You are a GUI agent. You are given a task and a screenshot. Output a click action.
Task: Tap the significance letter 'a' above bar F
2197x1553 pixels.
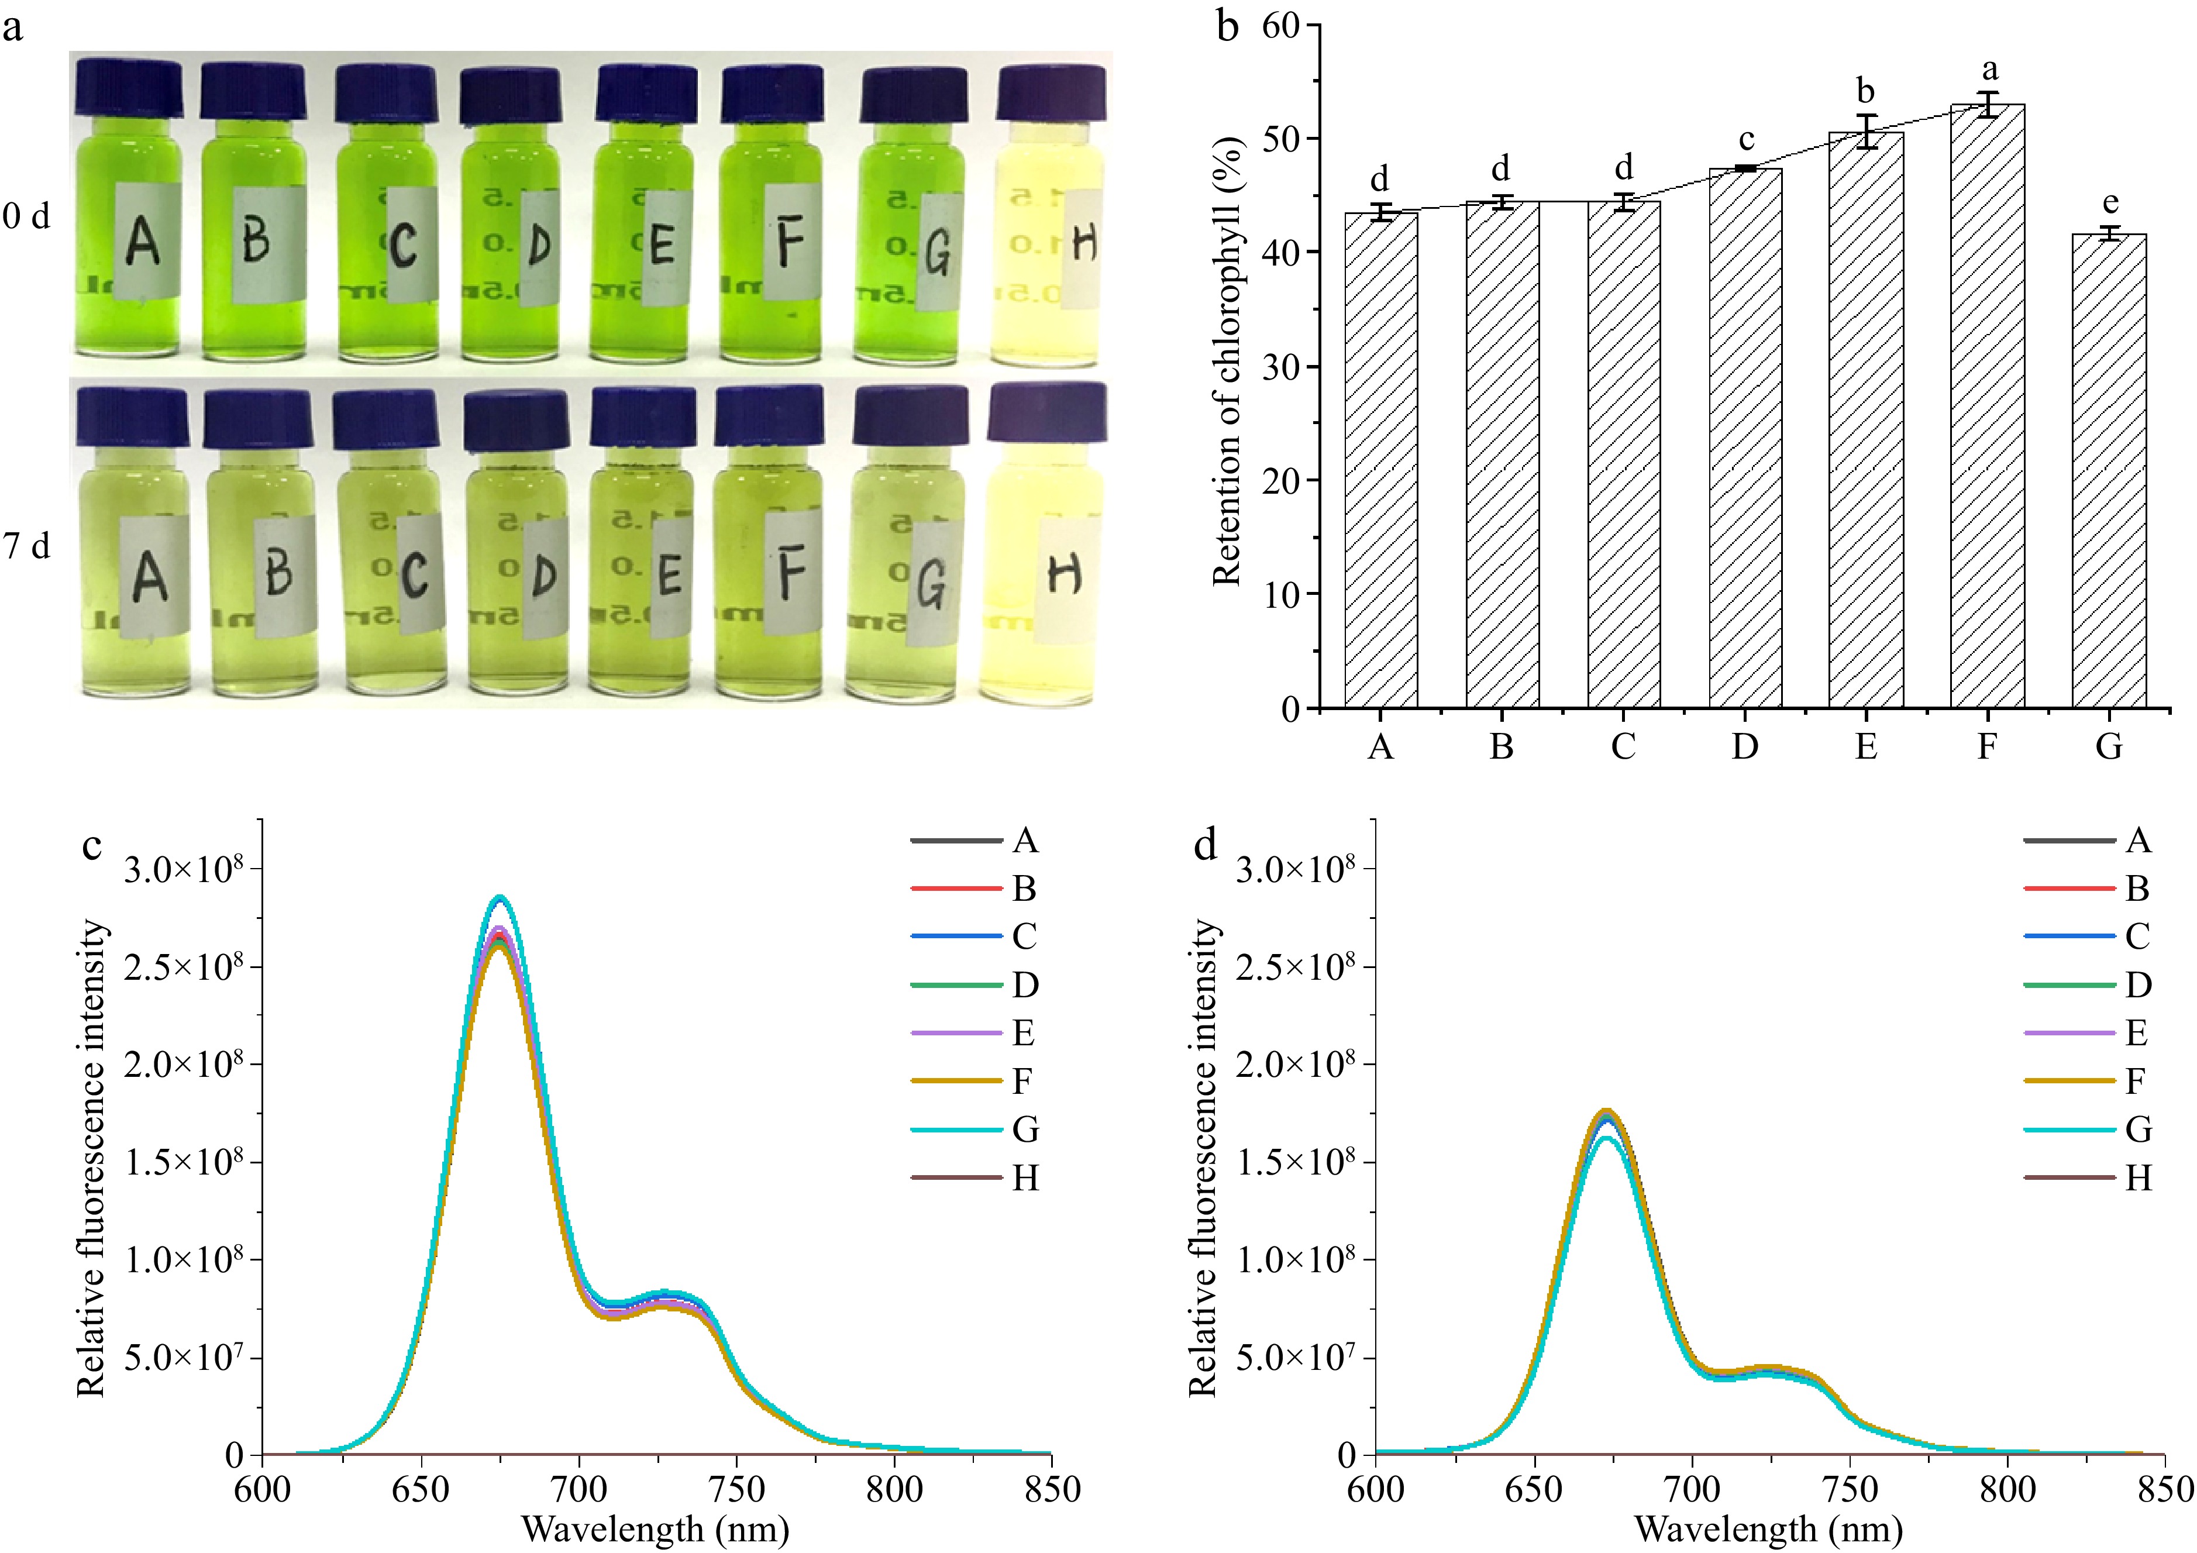coord(1989,69)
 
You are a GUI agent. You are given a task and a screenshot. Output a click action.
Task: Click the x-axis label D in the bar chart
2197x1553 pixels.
coord(1744,745)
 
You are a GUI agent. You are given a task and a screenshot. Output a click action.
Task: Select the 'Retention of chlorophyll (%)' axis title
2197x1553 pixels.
coord(1228,361)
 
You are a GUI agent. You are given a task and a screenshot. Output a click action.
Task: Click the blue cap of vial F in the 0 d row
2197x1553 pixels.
coord(772,93)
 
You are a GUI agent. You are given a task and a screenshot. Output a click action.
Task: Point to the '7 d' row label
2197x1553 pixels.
coord(27,545)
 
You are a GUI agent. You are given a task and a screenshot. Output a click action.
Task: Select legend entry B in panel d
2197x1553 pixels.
coord(2137,889)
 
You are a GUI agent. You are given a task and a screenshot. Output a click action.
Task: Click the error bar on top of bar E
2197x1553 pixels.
coord(1866,131)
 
